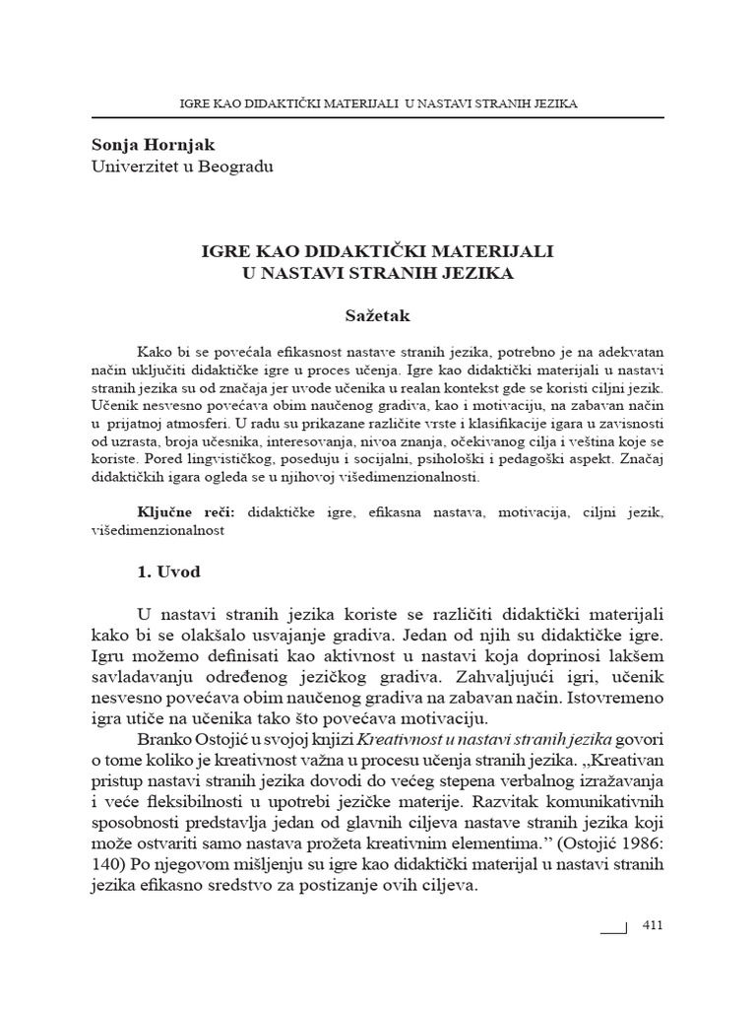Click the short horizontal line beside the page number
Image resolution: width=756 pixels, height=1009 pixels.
[612, 928]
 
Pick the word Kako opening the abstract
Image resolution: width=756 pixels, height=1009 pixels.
[157, 353]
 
